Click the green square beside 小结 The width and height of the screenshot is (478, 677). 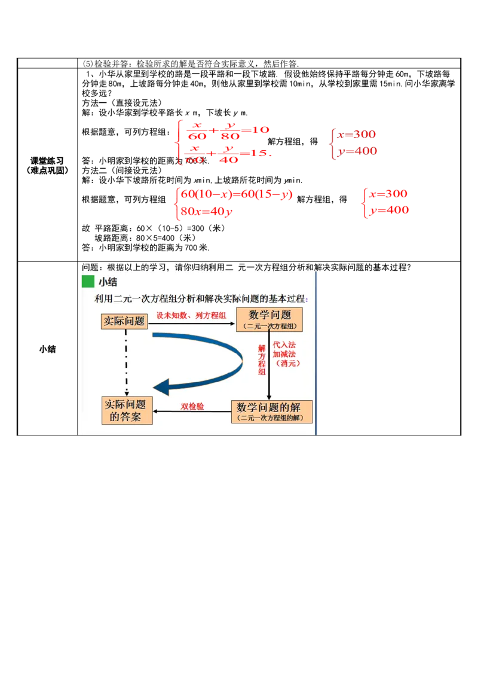(88, 282)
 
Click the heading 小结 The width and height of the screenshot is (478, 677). (108, 282)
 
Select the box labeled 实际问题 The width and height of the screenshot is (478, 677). (124, 321)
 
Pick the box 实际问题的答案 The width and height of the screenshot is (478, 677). (127, 410)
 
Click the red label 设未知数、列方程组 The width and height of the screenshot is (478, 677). (191, 316)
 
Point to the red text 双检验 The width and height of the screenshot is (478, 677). (192, 407)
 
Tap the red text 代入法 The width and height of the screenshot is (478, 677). (284, 345)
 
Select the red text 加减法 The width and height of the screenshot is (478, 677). (284, 354)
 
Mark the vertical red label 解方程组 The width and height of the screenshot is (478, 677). (262, 359)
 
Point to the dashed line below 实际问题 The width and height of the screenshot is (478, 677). (126, 362)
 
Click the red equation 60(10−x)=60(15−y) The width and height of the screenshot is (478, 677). (237, 195)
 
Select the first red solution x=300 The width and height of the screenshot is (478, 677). (357, 135)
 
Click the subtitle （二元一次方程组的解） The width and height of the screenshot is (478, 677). (271, 417)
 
